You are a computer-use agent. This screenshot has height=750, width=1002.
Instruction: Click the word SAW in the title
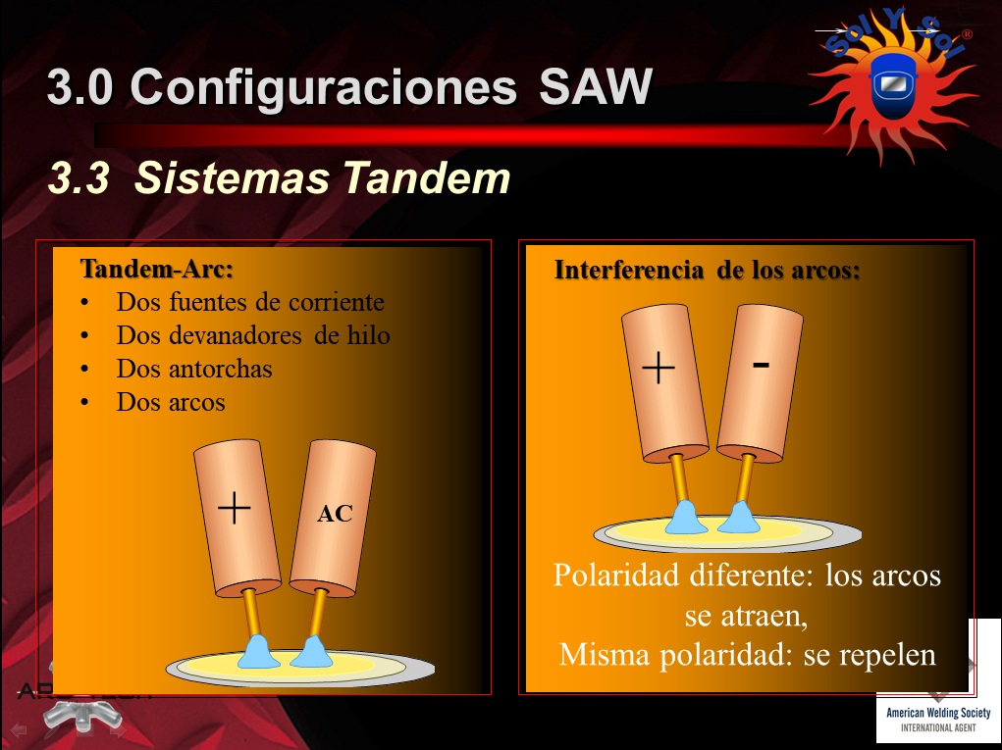pyautogui.click(x=596, y=86)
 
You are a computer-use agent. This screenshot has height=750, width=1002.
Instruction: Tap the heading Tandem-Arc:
pyautogui.click(x=157, y=269)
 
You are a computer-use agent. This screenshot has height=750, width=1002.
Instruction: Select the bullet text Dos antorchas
pyautogui.click(x=194, y=369)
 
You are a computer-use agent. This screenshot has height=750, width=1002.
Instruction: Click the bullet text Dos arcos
pyautogui.click(x=171, y=402)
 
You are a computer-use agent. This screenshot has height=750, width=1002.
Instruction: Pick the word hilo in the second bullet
pyautogui.click(x=368, y=335)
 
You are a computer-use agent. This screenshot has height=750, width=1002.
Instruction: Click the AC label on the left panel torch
pyautogui.click(x=335, y=513)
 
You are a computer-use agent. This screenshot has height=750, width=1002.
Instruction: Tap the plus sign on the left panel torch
pyautogui.click(x=235, y=508)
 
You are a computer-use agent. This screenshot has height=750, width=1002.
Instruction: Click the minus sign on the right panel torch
pyautogui.click(x=761, y=365)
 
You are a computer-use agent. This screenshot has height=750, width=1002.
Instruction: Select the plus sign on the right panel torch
pyautogui.click(x=659, y=368)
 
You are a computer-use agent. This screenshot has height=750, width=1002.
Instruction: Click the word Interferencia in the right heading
pyautogui.click(x=629, y=270)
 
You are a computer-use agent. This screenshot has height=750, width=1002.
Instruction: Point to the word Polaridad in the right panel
pyautogui.click(x=616, y=575)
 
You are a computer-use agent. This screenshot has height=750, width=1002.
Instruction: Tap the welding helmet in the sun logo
pyautogui.click(x=893, y=85)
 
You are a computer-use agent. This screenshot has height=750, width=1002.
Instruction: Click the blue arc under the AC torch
pyautogui.click(x=311, y=651)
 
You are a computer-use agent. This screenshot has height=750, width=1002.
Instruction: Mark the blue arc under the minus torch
pyautogui.click(x=739, y=517)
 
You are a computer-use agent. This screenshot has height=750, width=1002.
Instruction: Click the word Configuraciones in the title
pyautogui.click(x=323, y=88)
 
